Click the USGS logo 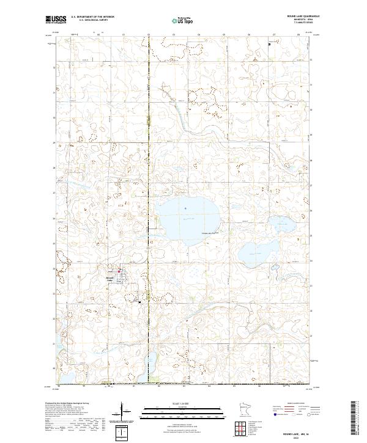pyautogui.click(x=56, y=20)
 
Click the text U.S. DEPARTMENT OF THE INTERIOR pyautogui.click(x=92, y=16)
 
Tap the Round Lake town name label pyautogui.click(x=110, y=278)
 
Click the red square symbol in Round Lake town pyautogui.click(x=120, y=272)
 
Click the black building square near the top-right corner pyautogui.click(x=270, y=43)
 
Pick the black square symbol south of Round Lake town pyautogui.click(x=140, y=302)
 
